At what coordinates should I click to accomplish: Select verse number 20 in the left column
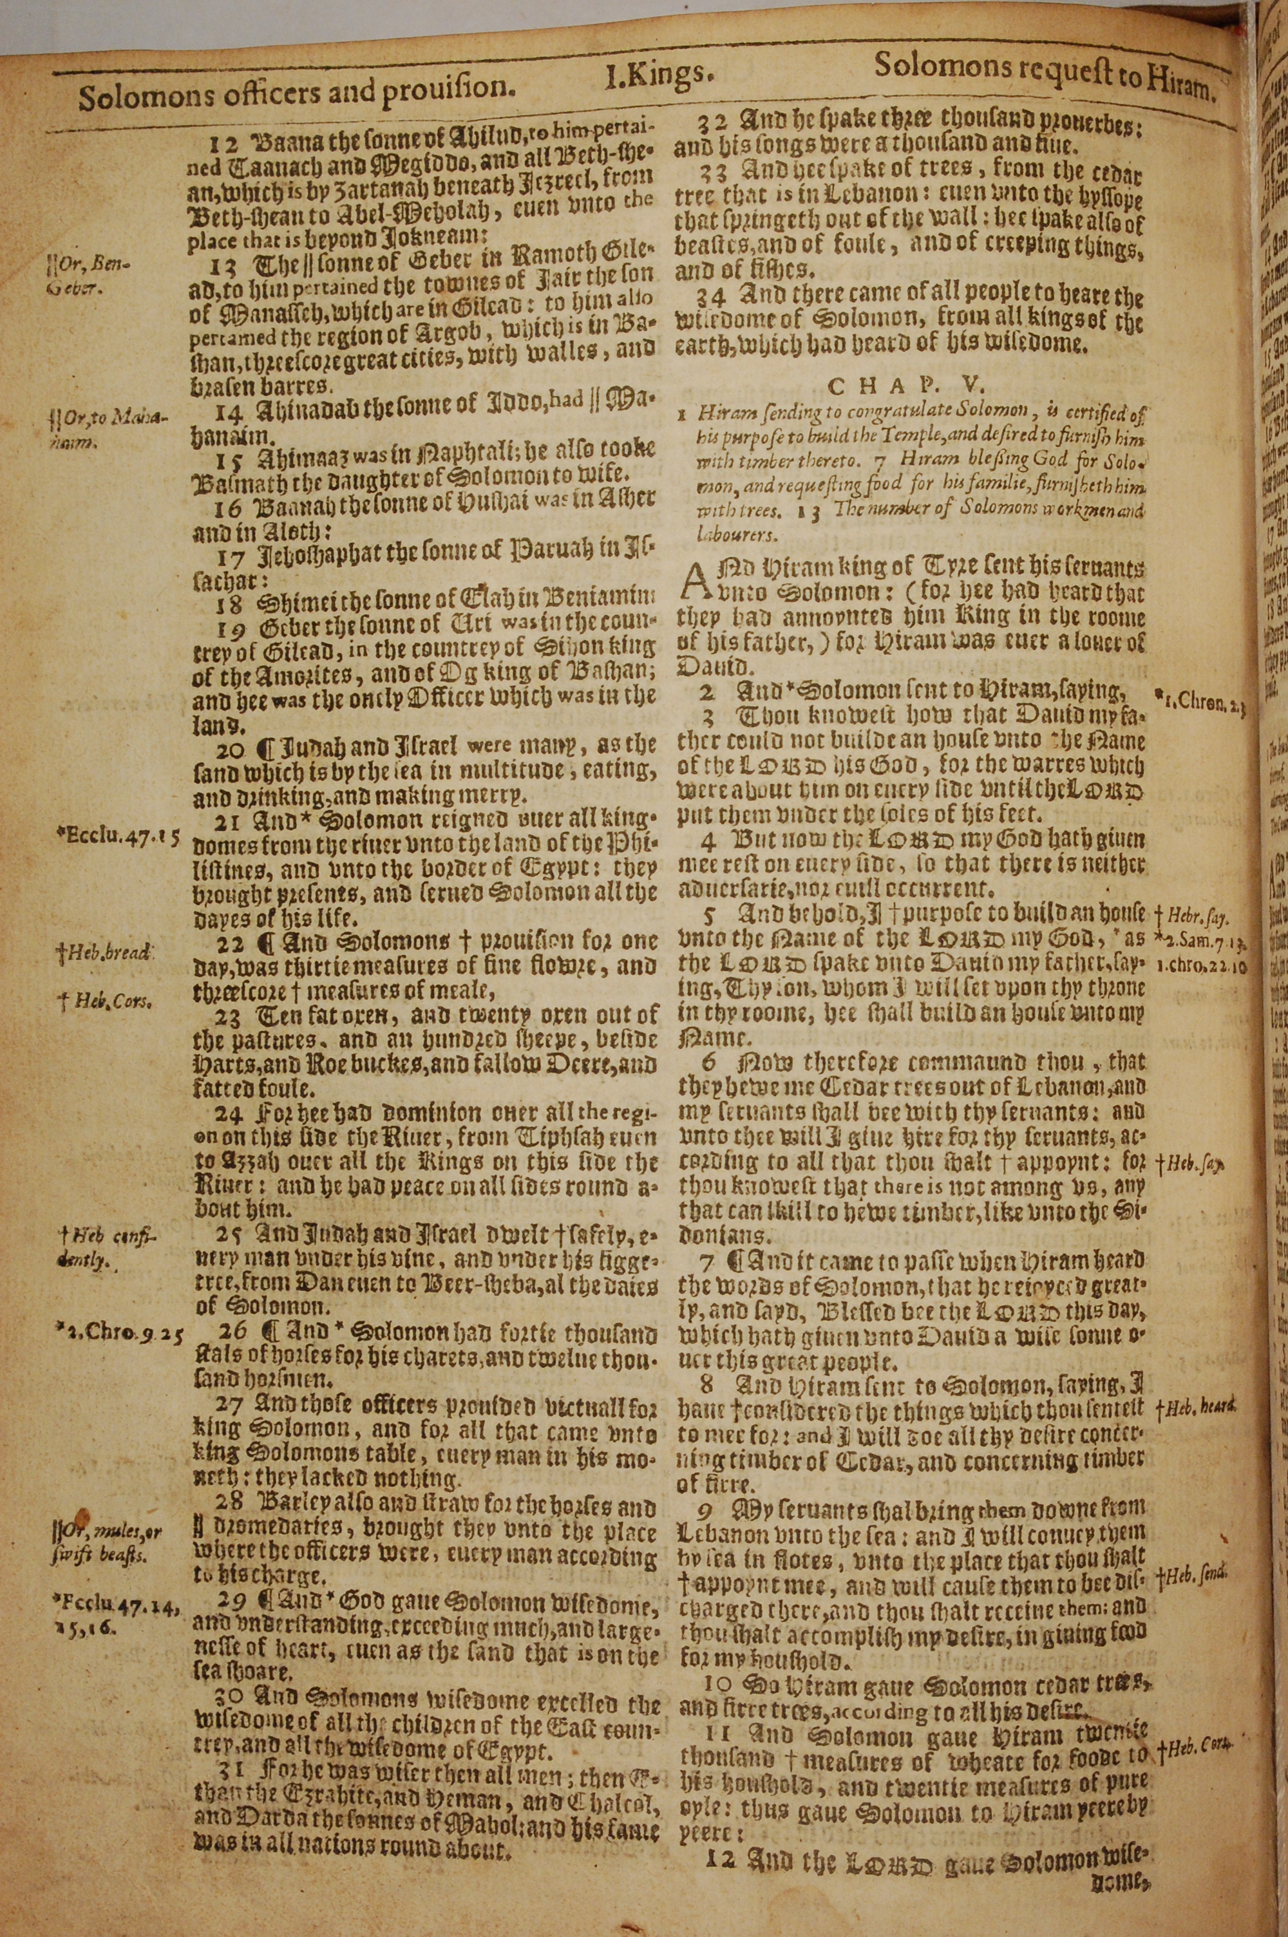[227, 748]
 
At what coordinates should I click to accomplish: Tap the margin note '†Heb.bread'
[102, 955]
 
